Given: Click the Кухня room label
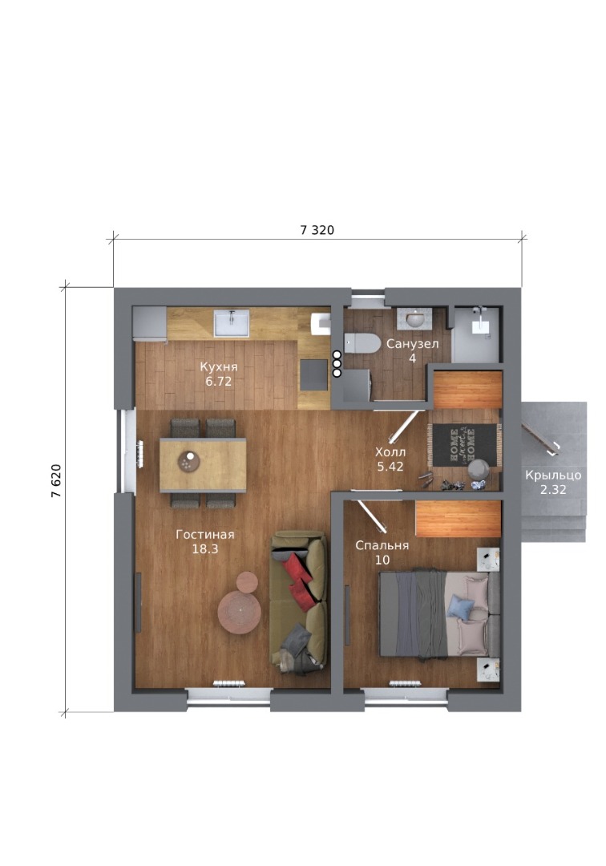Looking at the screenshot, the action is [219, 366].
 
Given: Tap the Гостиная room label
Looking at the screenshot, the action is [205, 535].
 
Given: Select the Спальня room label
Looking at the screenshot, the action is [382, 546].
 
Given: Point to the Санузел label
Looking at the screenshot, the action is [412, 344].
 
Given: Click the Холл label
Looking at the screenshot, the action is [390, 452].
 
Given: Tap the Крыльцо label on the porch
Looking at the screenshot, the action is [553, 475].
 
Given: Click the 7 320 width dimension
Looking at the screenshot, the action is [317, 230].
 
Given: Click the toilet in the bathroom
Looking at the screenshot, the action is [362, 343].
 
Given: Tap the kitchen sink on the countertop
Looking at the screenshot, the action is [232, 322].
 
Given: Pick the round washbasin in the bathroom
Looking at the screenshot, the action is [414, 318].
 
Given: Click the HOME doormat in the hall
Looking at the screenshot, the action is [463, 444].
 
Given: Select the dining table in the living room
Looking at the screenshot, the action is [203, 465].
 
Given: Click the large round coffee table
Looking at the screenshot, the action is [240, 613].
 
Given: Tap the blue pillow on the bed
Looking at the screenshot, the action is [460, 606].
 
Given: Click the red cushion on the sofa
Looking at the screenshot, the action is [299, 577].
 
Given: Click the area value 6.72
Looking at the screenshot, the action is [219, 381].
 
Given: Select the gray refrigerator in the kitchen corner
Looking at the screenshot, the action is [150, 325].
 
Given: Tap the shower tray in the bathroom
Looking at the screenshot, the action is [476, 335].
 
